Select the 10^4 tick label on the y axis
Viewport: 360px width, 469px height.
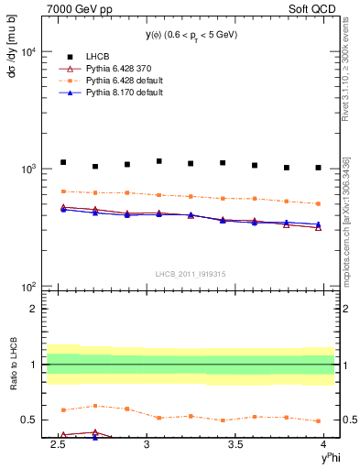tap(28, 52)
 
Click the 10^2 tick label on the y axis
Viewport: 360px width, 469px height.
tap(28, 287)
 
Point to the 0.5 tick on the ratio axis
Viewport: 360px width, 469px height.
tap(31, 420)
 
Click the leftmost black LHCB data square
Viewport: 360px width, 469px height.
tap(63, 162)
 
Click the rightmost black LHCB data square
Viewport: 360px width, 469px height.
tap(318, 168)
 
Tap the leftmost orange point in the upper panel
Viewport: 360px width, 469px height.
tap(63, 191)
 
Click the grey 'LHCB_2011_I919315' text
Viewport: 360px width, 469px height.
tap(191, 274)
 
